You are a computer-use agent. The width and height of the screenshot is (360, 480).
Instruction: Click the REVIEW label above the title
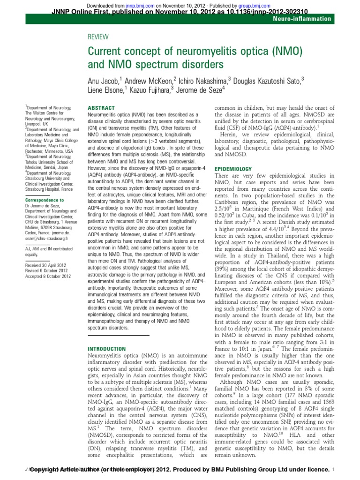click(x=98, y=37)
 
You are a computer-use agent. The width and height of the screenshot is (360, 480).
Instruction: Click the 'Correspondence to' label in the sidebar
click(x=45, y=200)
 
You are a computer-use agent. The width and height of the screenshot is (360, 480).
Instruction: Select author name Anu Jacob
click(x=105, y=80)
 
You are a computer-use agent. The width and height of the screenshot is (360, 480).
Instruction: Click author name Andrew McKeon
click(x=146, y=80)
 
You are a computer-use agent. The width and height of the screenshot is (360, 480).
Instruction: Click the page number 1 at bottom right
click(x=332, y=469)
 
